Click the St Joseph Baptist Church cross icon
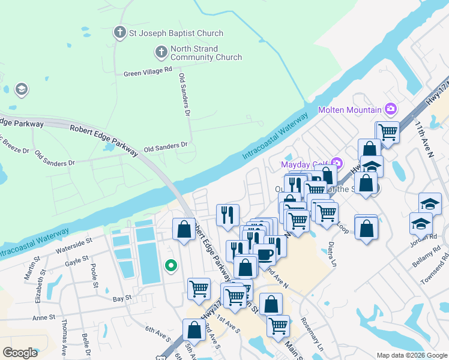(x=120, y=32)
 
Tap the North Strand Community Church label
(x=206, y=53)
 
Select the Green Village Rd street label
(x=148, y=73)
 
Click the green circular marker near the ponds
(x=171, y=265)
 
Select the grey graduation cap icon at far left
(x=22, y=90)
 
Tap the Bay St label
(x=122, y=298)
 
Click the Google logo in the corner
(x=20, y=353)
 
